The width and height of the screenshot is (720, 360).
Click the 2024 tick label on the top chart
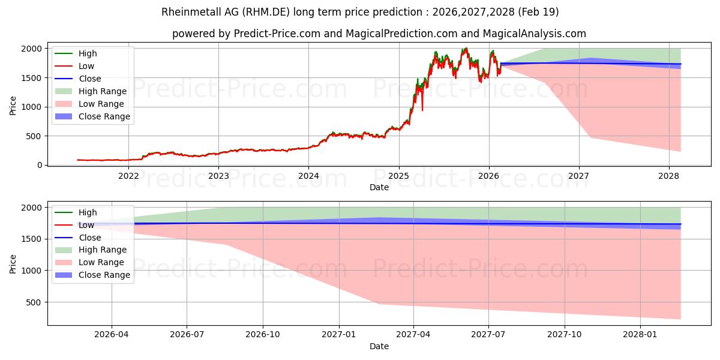(308, 176)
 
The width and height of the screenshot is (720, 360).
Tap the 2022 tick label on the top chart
(128, 176)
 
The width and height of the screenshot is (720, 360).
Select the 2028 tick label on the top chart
(669, 176)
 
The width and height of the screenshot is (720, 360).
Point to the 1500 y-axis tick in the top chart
(32, 78)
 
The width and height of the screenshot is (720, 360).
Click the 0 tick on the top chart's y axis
(40, 165)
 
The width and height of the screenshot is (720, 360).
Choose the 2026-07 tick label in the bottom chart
(187, 335)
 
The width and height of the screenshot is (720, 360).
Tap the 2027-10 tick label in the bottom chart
(565, 335)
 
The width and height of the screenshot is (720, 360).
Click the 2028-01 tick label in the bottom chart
(640, 335)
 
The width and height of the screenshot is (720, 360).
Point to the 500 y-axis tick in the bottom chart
(34, 302)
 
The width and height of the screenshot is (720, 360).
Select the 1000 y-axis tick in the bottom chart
(32, 271)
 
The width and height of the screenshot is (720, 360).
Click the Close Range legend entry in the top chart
(92, 116)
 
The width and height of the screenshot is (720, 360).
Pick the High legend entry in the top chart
(76, 53)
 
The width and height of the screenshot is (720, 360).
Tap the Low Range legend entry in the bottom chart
(89, 262)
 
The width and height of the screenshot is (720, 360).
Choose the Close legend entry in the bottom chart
(78, 238)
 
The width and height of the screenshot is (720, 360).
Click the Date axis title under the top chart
(379, 187)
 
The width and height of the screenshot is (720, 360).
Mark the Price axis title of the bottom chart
(13, 264)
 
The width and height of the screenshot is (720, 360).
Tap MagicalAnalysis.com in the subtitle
(535, 34)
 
